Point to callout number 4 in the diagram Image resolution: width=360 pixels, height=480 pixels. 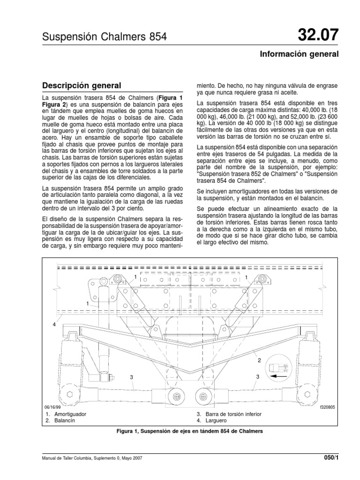tap(54, 324)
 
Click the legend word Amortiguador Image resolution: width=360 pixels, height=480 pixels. tap(70, 414)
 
